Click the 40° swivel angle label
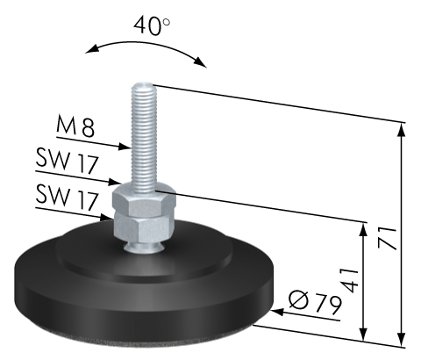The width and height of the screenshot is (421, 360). point(152,26)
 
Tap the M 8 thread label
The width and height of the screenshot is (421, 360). point(75,126)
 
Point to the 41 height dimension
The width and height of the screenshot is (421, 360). point(351,280)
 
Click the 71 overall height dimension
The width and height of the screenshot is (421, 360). point(388,238)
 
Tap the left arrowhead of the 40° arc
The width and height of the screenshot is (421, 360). point(92,49)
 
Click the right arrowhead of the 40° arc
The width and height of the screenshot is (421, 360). point(200,61)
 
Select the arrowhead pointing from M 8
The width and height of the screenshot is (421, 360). point(124,146)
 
